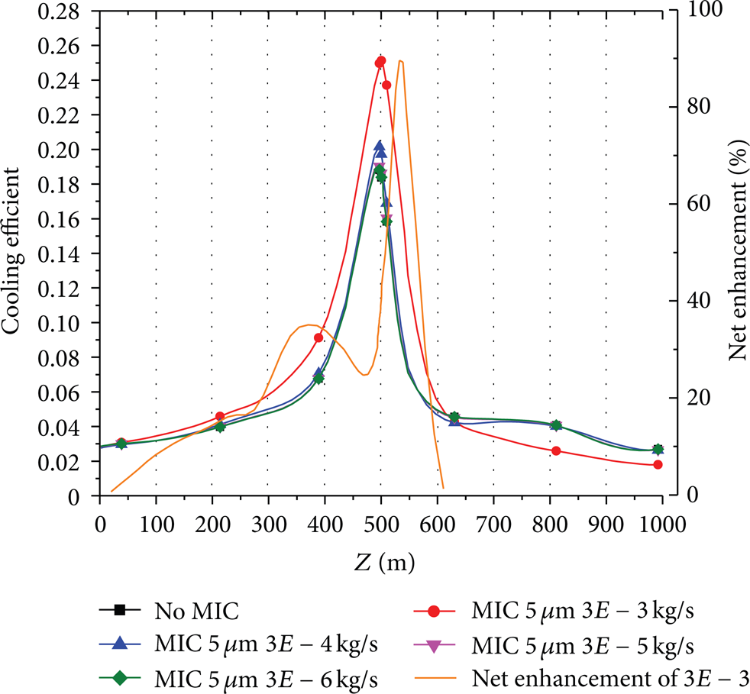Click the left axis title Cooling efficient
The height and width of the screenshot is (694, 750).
[x=11, y=250]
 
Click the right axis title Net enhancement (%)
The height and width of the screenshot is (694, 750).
[x=738, y=249]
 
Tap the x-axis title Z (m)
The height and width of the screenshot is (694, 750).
[x=384, y=563]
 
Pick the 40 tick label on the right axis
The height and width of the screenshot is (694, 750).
[x=698, y=301]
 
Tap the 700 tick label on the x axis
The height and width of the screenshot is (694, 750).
[x=493, y=525]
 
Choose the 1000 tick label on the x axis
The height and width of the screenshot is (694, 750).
[x=662, y=525]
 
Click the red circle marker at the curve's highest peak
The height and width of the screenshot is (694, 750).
[x=381, y=61]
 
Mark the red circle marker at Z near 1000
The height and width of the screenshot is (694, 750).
[x=658, y=464]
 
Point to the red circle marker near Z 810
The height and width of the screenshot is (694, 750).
[x=556, y=450]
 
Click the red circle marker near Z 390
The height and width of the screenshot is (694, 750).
[x=318, y=337]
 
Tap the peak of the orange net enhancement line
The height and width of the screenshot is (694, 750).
[x=400, y=61]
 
